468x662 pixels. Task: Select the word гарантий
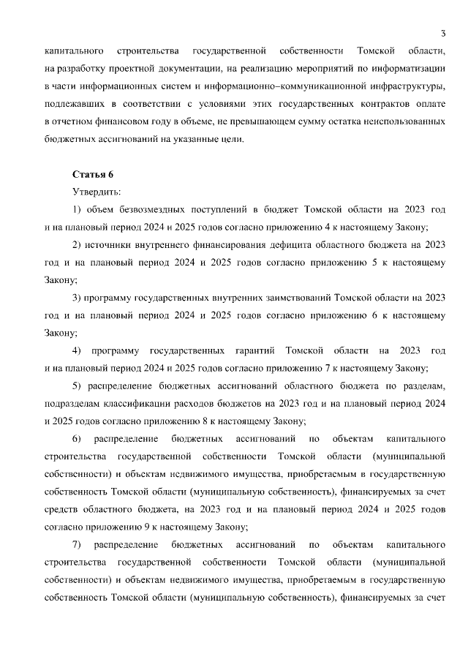pyautogui.click(x=253, y=351)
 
